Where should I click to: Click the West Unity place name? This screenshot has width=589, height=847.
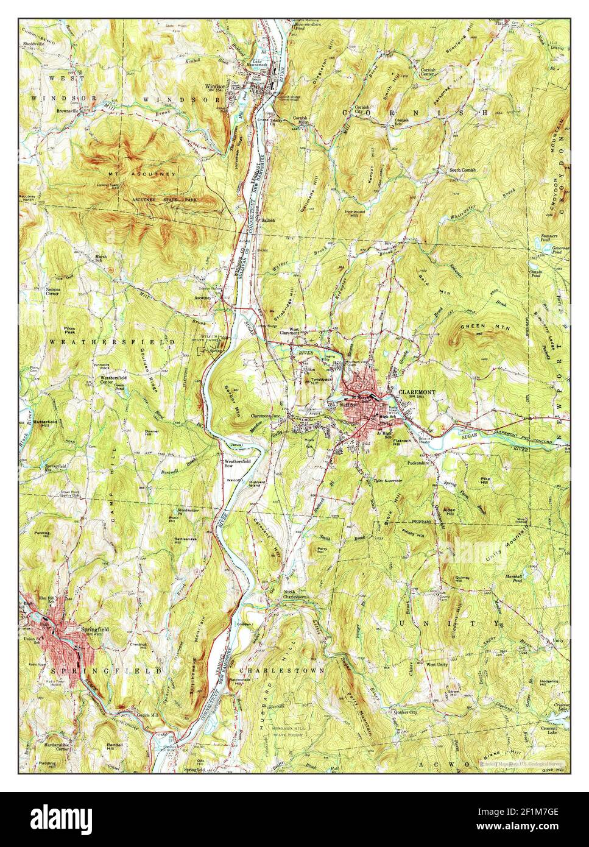click(x=437, y=664)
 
